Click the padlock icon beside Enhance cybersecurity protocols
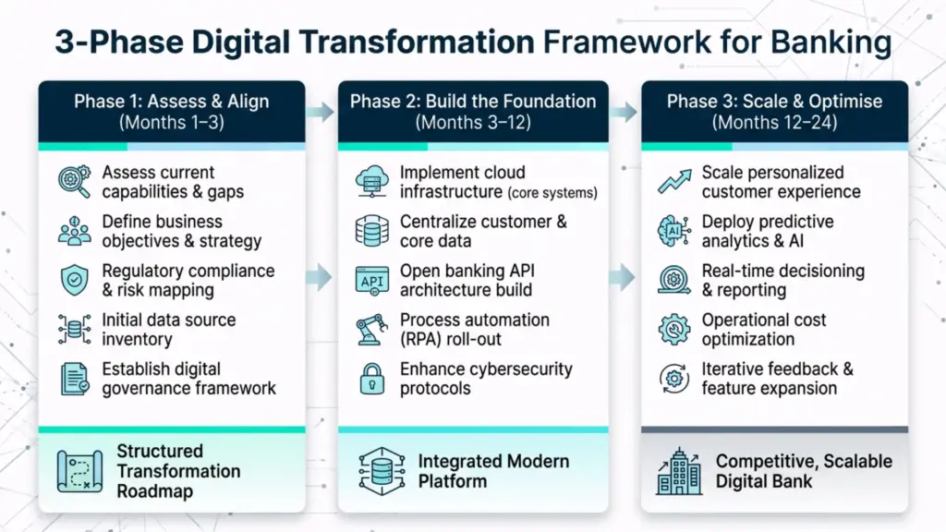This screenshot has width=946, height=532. [x=371, y=379]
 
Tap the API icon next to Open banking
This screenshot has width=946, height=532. [x=371, y=281]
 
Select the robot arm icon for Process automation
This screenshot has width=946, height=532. [x=371, y=330]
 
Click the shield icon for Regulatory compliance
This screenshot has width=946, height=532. [x=75, y=281]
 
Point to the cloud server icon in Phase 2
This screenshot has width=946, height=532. [x=371, y=182]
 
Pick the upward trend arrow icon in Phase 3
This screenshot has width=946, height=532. [x=674, y=182]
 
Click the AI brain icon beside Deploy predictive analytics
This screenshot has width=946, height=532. [x=673, y=231]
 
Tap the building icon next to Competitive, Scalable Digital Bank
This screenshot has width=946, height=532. [x=679, y=471]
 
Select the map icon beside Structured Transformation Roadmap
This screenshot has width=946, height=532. [x=79, y=471]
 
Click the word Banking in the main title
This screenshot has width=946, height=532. [x=831, y=42]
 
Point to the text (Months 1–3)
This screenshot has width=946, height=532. [x=172, y=123]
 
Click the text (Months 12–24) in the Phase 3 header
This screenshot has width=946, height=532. [x=775, y=123]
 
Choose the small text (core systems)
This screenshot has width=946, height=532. [x=552, y=193]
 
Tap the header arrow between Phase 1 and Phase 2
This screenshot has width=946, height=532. [x=321, y=112]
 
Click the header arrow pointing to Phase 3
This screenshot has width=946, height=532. [x=624, y=112]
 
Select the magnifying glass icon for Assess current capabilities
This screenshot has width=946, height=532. [x=75, y=182]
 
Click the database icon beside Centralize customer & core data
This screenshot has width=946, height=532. [x=371, y=231]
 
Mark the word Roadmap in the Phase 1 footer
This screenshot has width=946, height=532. [x=155, y=491]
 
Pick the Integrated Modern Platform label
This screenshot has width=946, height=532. [x=493, y=471]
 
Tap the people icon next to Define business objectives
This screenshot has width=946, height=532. [x=75, y=231]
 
